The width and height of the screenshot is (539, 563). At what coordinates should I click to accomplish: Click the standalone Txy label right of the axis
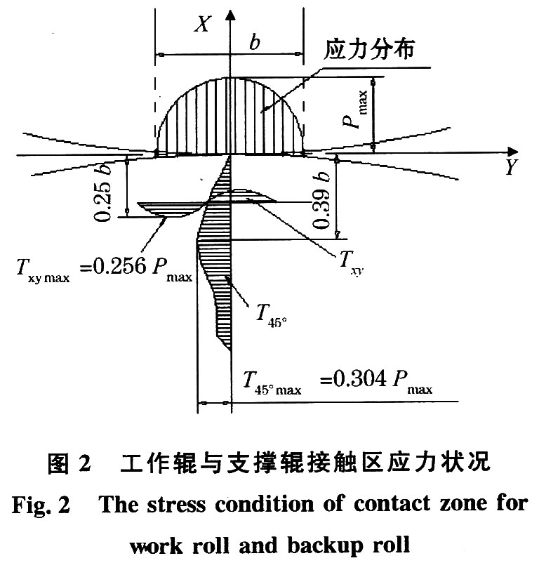click(345, 258)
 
